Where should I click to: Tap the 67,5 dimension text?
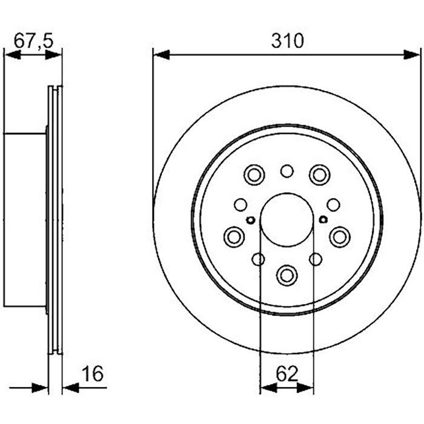click(x=33, y=41)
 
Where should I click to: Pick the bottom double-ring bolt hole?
click(x=287, y=274)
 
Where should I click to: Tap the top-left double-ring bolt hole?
click(x=254, y=175)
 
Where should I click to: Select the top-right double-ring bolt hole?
click(x=319, y=175)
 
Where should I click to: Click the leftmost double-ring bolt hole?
click(x=234, y=236)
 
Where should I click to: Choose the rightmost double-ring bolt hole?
click(x=340, y=236)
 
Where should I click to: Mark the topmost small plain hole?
click(x=287, y=171)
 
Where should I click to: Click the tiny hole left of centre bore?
click(x=250, y=219)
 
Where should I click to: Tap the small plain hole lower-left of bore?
click(x=258, y=259)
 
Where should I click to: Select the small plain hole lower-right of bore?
click(x=315, y=259)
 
